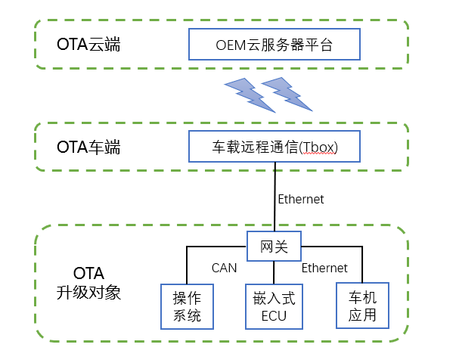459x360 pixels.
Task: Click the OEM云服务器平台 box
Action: [x=273, y=45]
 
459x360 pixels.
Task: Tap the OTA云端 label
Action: [x=88, y=45]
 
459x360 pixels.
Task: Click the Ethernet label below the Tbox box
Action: [x=301, y=200]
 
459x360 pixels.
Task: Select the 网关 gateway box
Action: [x=274, y=246]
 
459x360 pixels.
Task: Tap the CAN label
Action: [x=225, y=268]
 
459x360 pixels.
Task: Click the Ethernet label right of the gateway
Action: [x=325, y=268]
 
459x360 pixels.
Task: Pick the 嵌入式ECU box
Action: [x=273, y=306]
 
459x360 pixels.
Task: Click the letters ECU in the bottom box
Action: [x=273, y=315]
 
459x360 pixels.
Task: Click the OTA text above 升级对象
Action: [x=88, y=272]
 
